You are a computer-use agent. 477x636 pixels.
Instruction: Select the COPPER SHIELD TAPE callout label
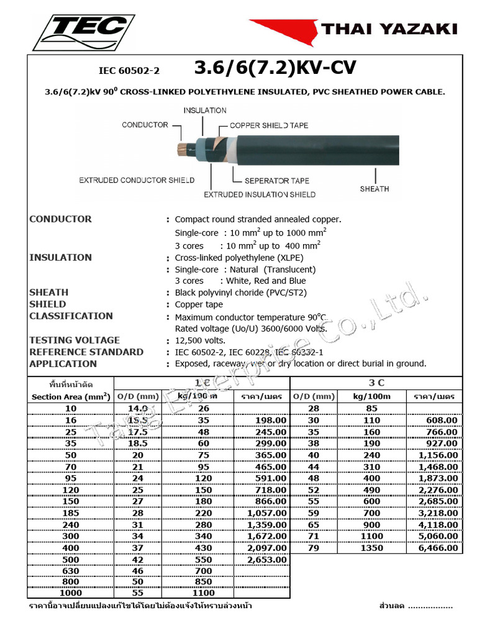[x=268, y=125]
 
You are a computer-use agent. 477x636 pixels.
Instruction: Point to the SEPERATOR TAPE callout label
[x=276, y=181]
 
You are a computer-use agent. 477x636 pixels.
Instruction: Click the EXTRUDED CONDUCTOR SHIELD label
[x=137, y=180]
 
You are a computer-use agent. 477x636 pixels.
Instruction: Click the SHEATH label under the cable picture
[x=374, y=189]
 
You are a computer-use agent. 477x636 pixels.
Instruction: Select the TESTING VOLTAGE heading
[x=75, y=340]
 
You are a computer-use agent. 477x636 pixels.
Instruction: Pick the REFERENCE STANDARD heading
[x=86, y=352]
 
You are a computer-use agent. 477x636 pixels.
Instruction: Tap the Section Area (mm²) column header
[x=70, y=396]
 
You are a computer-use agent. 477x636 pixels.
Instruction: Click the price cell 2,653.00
[x=266, y=560]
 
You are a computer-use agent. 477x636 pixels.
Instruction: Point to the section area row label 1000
[x=70, y=593]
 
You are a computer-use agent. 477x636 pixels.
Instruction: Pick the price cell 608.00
[x=442, y=420]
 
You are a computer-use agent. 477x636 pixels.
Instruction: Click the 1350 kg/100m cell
[x=371, y=548]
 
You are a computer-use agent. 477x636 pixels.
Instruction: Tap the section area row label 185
[x=70, y=513]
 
